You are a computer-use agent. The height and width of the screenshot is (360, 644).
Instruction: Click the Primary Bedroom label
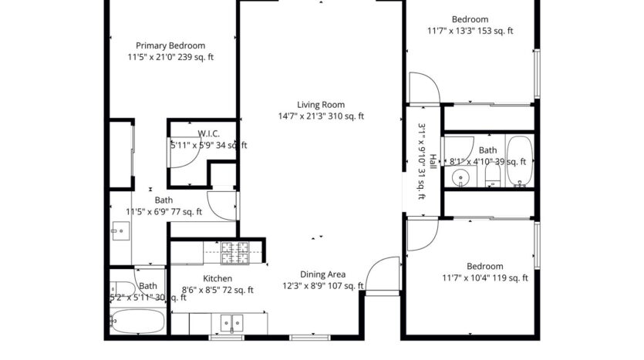170,45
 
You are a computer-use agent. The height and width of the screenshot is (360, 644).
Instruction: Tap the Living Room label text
321,105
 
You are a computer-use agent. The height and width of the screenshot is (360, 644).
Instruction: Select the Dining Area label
323,274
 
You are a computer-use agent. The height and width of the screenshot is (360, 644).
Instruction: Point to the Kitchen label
217,279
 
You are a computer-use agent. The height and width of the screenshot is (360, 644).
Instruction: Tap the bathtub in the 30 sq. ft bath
137,320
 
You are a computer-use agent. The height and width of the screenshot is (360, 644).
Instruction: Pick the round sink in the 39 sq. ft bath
460,179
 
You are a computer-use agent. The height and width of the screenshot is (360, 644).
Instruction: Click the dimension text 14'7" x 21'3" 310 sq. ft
321,116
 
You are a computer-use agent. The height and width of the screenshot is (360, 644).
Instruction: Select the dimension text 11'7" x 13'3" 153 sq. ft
470,32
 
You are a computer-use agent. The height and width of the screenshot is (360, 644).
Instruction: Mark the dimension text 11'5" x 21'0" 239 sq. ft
170,57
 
